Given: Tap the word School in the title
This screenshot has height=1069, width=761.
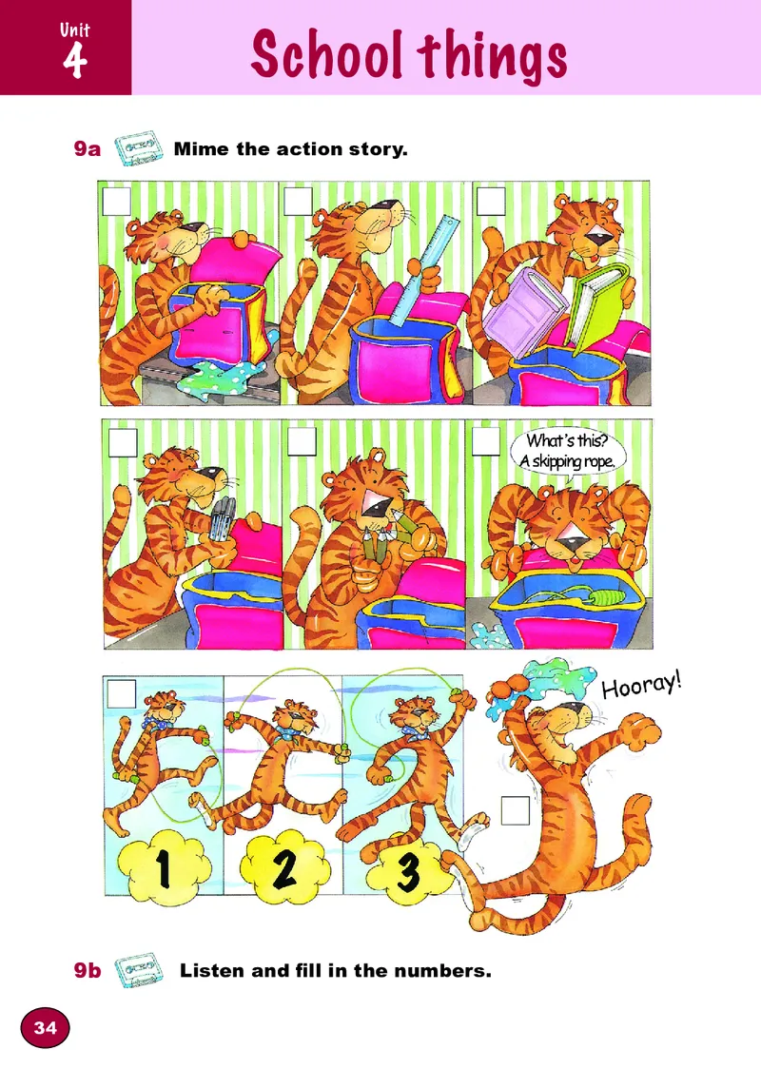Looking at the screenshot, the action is coord(326,54).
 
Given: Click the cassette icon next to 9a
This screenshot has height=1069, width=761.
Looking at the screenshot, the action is coord(139,148).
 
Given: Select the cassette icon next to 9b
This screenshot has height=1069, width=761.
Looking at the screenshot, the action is coord(139,969).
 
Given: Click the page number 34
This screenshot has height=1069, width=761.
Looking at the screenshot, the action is coord(45,1027).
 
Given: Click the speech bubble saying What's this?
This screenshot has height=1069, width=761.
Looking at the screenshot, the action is coord(567,452).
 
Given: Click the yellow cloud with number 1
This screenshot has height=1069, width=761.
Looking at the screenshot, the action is coord(165,865).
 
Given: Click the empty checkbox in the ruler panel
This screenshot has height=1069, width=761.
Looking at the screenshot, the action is coord(298,201).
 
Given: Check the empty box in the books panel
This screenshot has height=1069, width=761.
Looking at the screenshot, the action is coord(491,201).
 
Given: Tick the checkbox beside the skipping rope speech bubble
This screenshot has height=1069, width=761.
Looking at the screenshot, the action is coord(485,441).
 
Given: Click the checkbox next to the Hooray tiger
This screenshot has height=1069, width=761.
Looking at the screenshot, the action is coord(515,810).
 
